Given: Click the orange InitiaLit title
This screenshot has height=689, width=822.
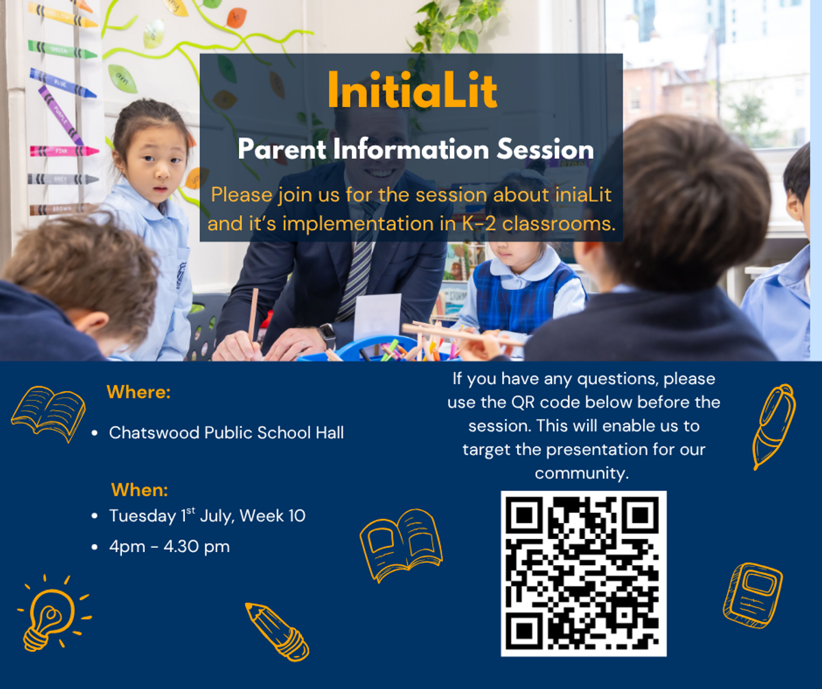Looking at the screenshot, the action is tap(412, 90).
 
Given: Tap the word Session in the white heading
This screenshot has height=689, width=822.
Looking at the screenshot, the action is tap(545, 149).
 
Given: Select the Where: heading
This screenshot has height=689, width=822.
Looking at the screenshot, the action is tap(138, 392).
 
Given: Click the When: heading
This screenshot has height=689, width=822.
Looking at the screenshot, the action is tap(139, 490).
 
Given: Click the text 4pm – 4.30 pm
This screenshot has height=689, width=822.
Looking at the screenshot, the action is tap(169, 547).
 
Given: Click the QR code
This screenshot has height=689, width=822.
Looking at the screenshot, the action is tap(584, 574).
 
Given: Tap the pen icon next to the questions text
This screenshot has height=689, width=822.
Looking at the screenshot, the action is tap(773, 427).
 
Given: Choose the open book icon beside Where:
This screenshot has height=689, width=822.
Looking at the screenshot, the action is tap(49, 414).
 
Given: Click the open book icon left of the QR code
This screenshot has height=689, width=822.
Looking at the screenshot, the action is tap(401, 546).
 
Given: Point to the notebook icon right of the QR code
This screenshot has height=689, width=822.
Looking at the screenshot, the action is tap(753, 595).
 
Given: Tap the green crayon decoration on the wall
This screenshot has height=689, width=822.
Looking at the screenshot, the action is tap(62, 49).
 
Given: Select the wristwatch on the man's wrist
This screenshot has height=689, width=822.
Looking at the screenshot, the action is tap(327, 336).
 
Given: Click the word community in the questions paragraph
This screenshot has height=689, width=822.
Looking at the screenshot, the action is tap(582, 473).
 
